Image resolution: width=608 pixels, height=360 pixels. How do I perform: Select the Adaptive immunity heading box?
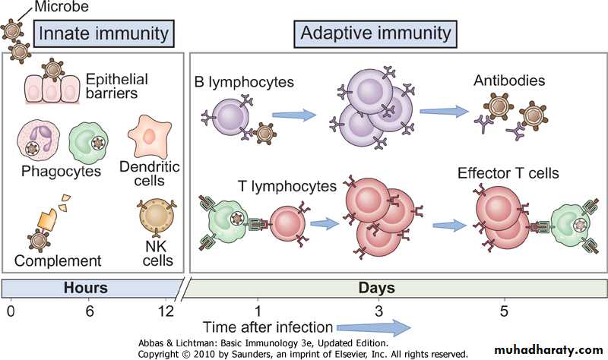[375, 33]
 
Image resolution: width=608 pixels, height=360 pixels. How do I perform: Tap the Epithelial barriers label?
[116, 86]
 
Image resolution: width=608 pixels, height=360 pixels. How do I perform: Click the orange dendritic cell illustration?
[148, 137]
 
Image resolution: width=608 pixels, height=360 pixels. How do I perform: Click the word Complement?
[58, 261]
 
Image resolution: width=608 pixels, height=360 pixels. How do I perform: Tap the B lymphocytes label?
[244, 80]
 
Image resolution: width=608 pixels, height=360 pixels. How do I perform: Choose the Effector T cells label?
[508, 174]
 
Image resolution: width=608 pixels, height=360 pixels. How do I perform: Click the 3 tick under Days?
[379, 312]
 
